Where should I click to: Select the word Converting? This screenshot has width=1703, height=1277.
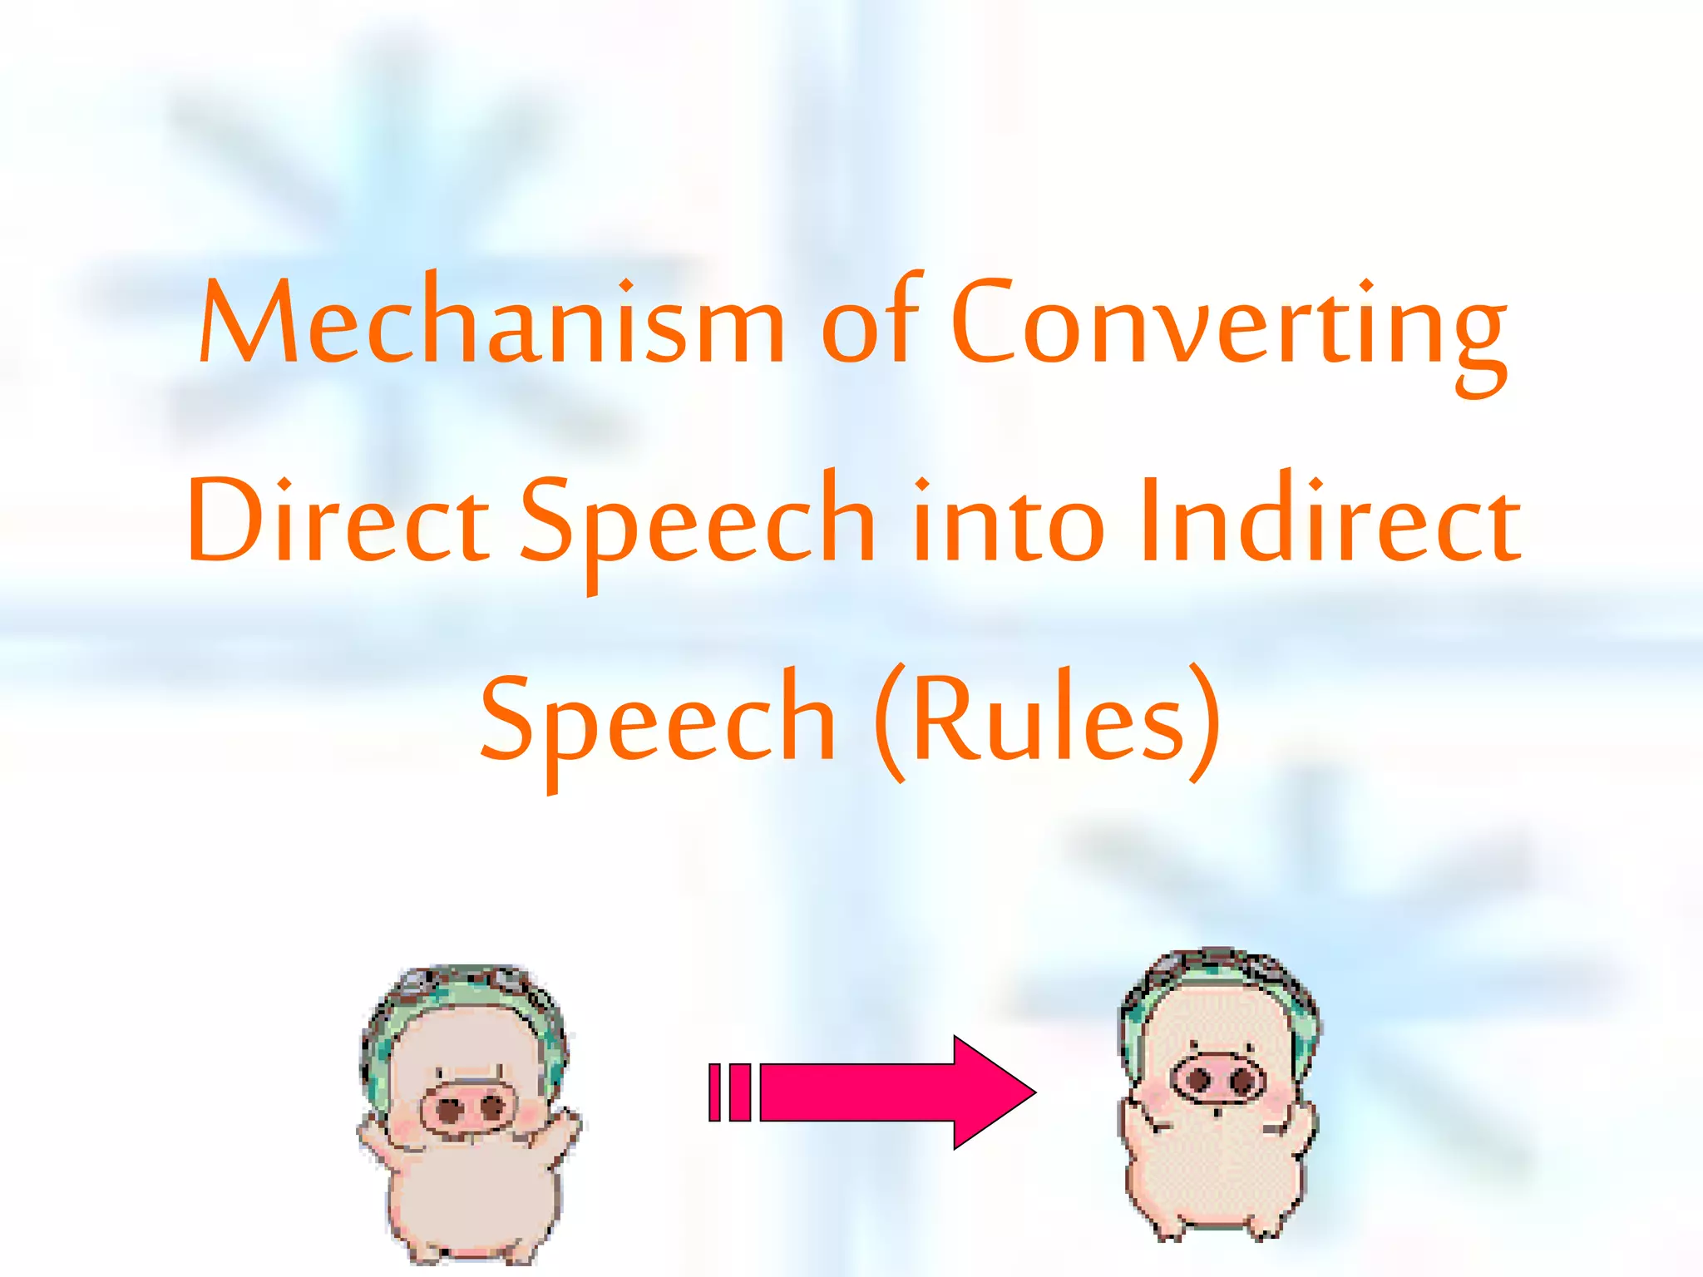coord(1227,328)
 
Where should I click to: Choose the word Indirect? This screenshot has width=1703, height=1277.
coord(1330,520)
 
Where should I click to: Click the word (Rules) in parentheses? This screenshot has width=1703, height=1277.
coord(1048,720)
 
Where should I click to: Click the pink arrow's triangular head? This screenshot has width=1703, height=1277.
coord(990,1092)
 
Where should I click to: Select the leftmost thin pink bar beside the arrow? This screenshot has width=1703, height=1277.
coord(714,1092)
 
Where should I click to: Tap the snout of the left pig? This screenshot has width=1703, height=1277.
coord(467,1107)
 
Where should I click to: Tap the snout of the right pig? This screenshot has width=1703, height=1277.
coord(1217,1081)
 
